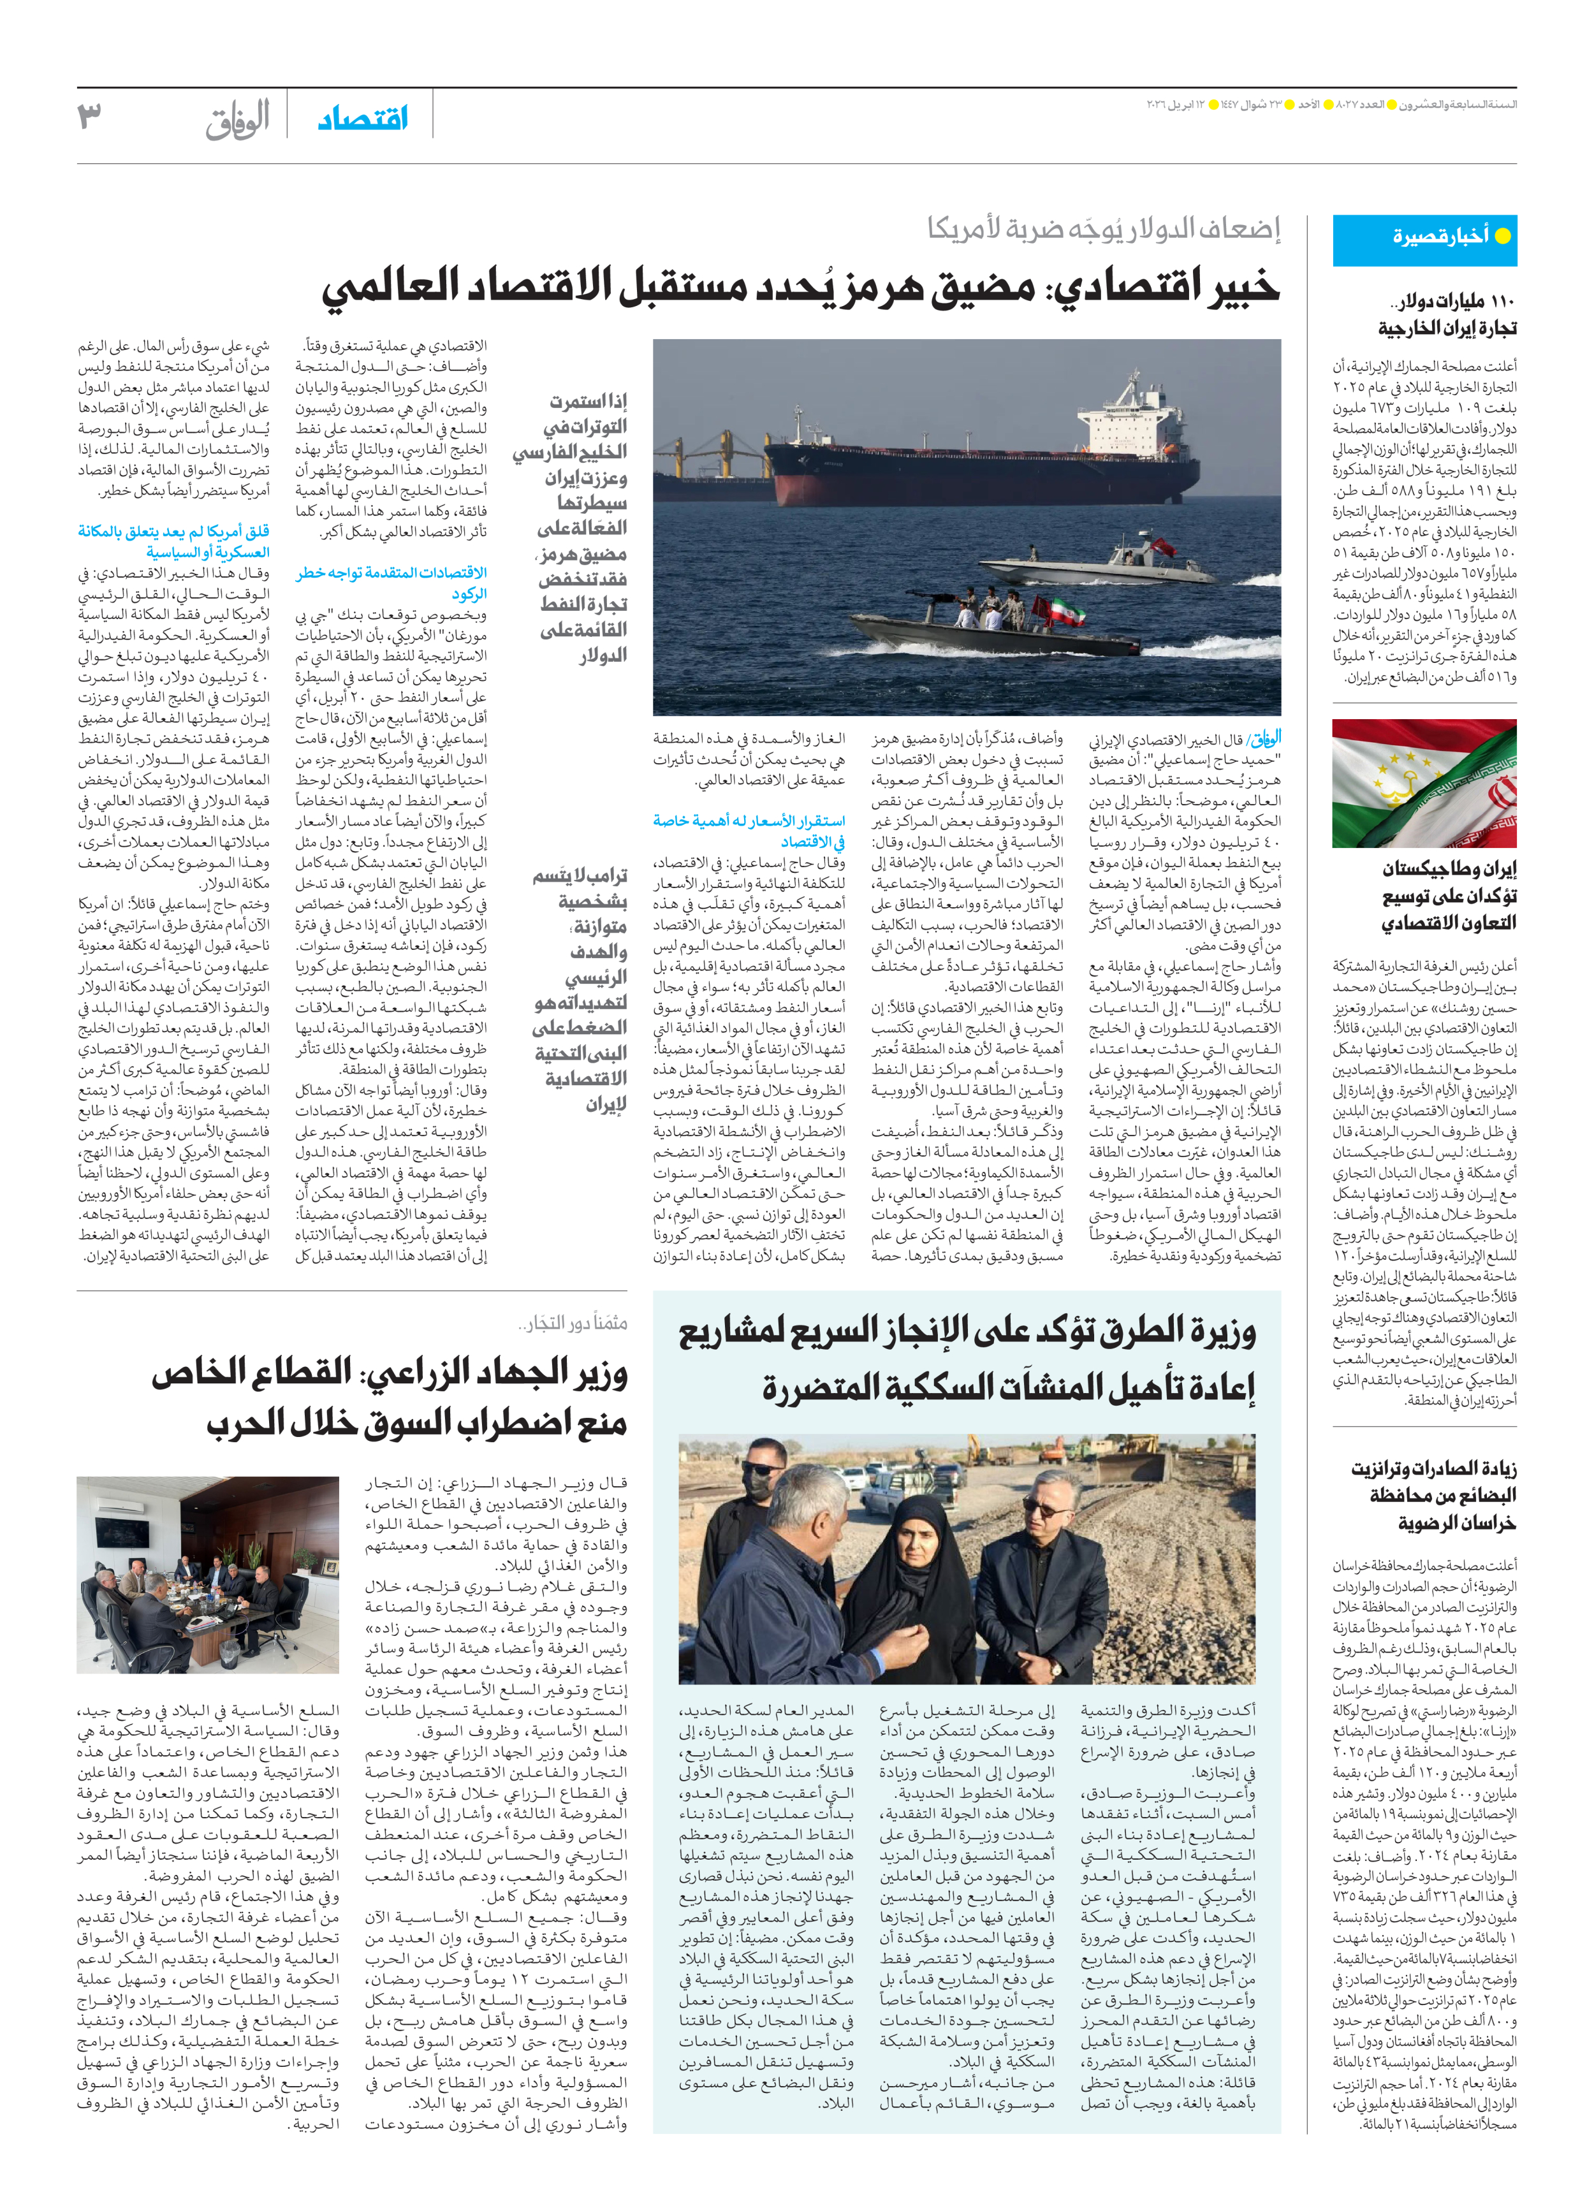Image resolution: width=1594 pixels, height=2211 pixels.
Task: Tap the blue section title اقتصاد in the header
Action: (363, 119)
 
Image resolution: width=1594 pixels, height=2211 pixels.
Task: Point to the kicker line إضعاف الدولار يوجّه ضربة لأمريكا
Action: (1104, 228)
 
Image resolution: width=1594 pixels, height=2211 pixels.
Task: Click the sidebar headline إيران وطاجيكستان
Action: (1450, 895)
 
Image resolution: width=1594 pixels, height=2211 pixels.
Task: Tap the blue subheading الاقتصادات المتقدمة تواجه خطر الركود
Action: (392, 583)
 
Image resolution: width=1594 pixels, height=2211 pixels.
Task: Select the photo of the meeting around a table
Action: (208, 1573)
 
